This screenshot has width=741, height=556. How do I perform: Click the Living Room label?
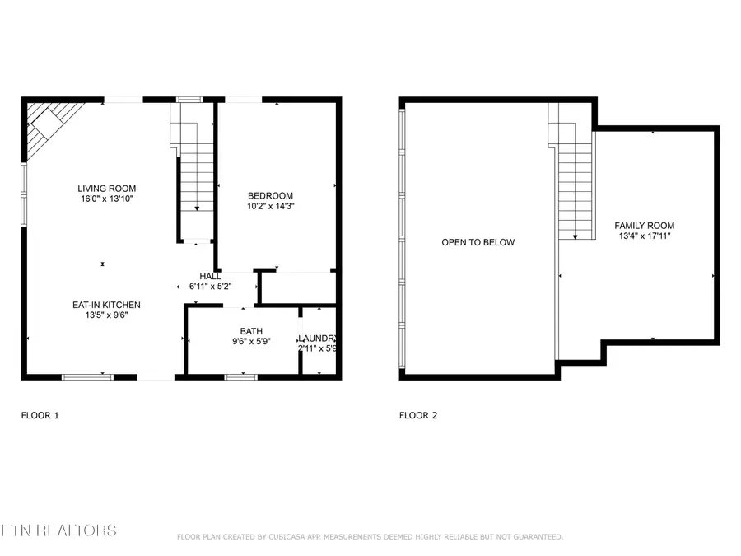pos(107,188)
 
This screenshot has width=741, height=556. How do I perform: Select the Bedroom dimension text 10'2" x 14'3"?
pos(271,207)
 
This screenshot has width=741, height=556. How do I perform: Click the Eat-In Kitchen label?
pos(106,304)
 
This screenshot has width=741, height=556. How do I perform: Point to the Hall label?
pos(210,276)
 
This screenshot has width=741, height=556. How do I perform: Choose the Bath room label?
pos(251,330)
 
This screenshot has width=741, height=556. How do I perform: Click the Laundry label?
pos(317,338)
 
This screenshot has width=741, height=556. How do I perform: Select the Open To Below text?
pos(478,242)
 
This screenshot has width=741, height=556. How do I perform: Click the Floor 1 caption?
pos(40,415)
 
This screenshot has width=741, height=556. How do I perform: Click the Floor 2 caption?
pos(418,415)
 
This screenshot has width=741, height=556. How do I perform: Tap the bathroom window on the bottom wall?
pos(241,376)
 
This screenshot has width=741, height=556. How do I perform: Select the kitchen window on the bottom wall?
pos(88,376)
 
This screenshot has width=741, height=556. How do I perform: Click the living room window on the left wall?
pos(24,194)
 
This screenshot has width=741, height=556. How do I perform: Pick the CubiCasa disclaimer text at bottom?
pos(370,537)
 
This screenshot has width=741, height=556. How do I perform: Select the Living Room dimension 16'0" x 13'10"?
pos(107,199)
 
